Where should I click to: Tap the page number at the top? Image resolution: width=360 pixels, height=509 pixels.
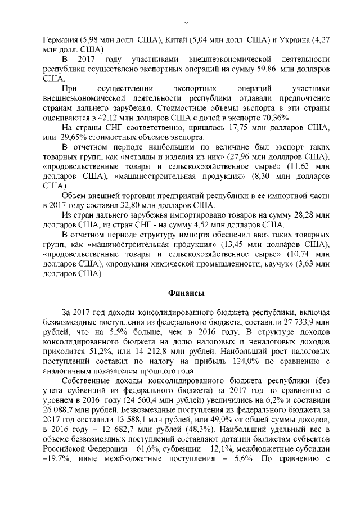pos(186,24)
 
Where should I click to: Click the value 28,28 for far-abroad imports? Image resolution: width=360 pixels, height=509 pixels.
pos(294,215)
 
